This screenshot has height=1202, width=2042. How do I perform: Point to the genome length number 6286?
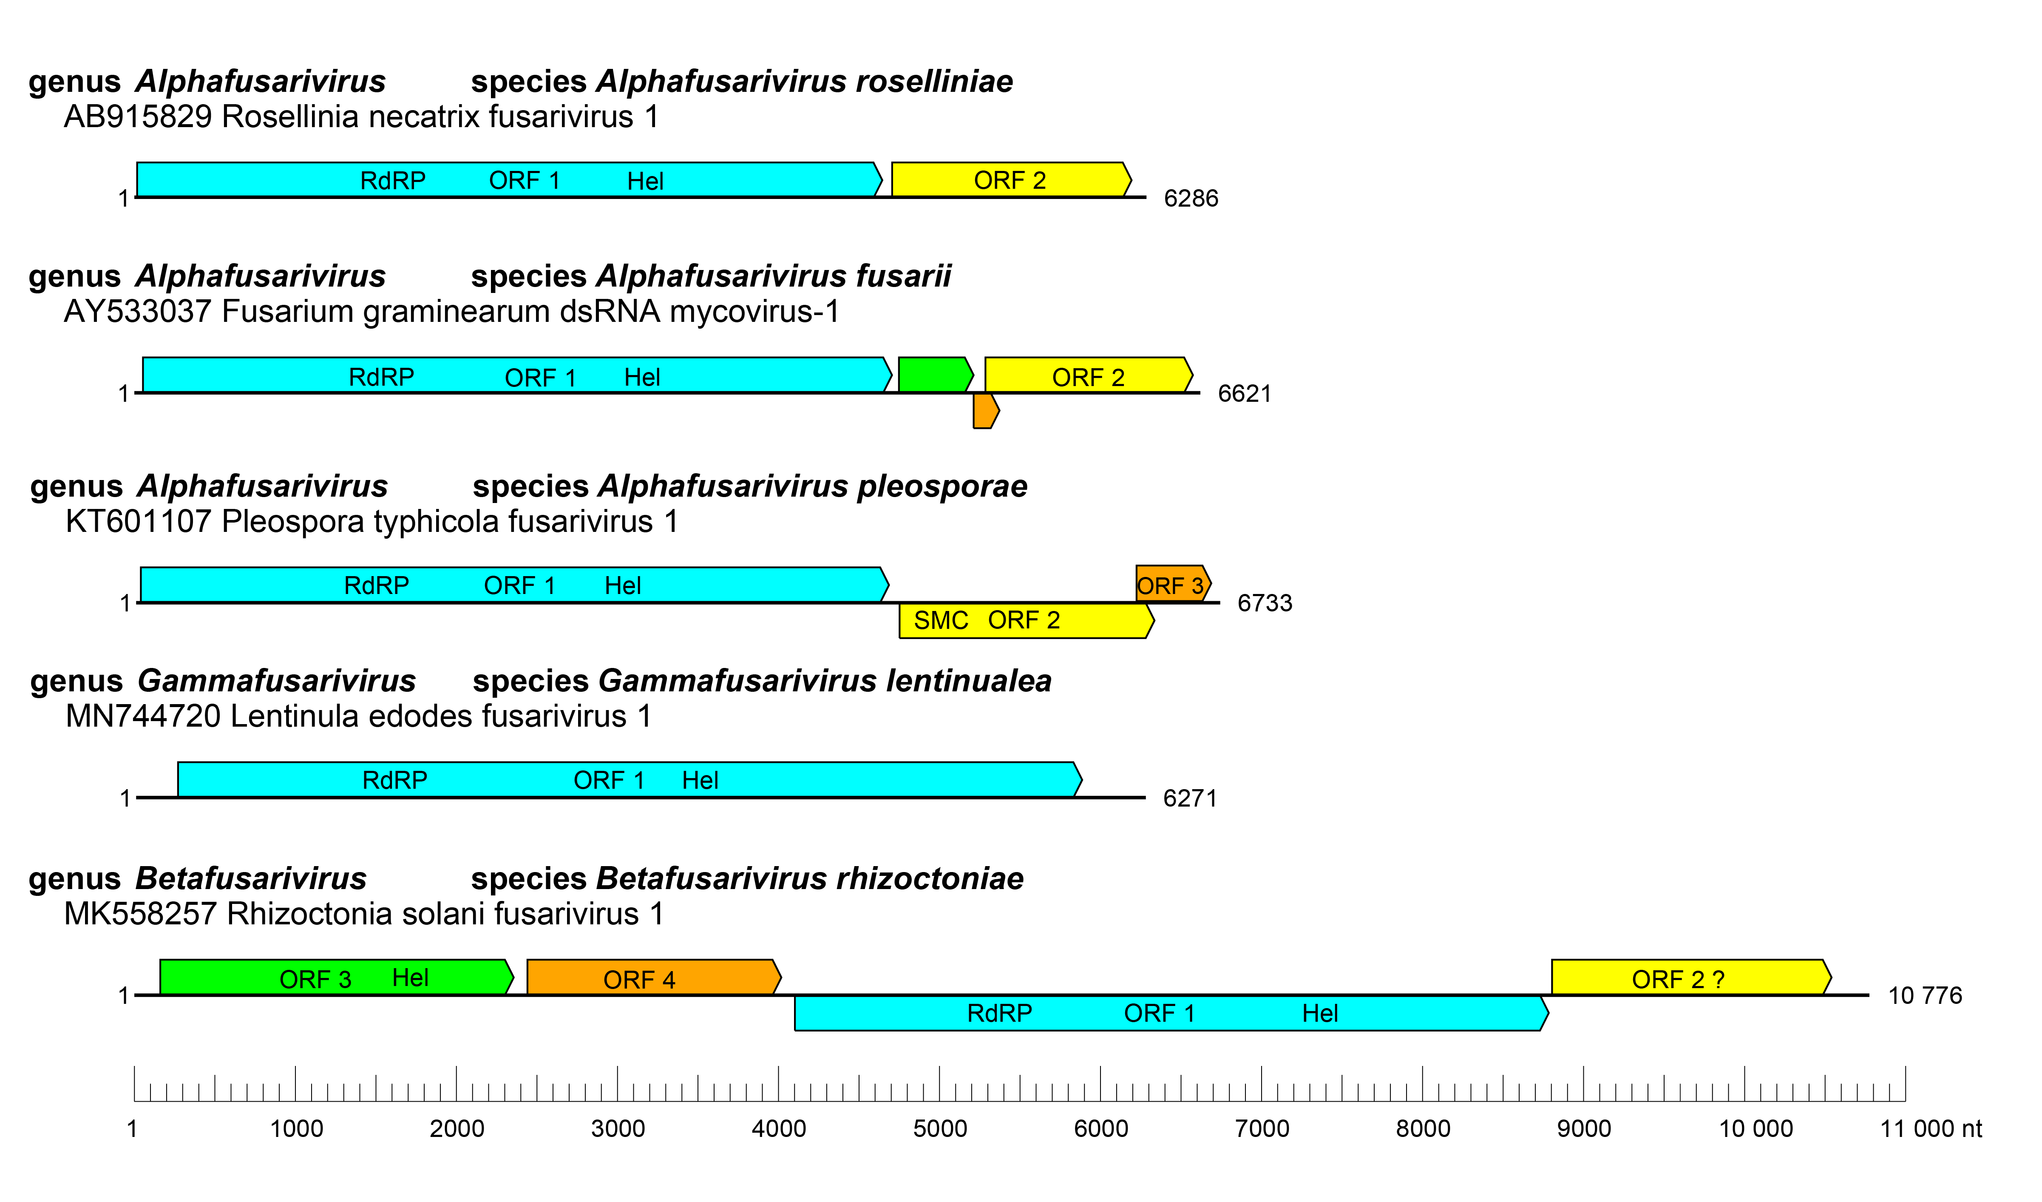[x=1190, y=199]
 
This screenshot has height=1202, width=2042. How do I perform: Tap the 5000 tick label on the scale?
[x=940, y=1129]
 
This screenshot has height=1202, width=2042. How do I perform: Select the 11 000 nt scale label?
[x=1930, y=1129]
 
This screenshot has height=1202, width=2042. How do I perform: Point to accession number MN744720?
[x=143, y=716]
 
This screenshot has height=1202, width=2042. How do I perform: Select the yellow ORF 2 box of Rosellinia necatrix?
[x=1010, y=180]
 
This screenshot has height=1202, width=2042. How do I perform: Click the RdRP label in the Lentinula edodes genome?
[x=394, y=781]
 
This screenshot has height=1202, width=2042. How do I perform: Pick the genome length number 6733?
[x=1264, y=603]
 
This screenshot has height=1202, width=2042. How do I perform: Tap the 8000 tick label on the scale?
[x=1423, y=1129]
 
